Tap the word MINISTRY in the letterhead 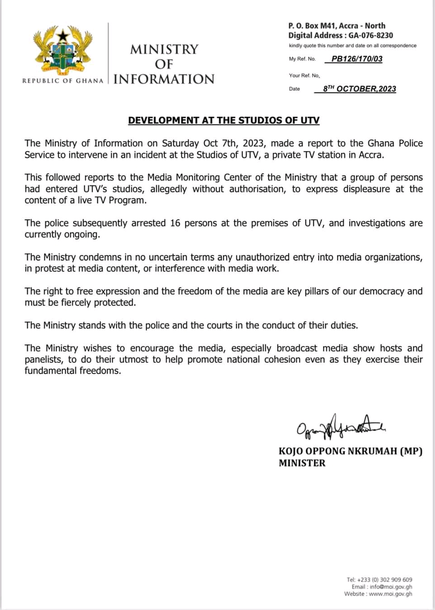coord(164,49)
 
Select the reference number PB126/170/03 coord(357,59)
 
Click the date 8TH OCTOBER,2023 coord(359,89)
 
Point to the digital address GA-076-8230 coord(371,35)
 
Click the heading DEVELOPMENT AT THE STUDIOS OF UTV coord(224,120)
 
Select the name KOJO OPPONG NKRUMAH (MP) coord(350,451)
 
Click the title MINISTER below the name coord(302,463)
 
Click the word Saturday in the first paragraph coord(180,143)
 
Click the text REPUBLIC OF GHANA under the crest coord(63,80)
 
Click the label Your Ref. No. coord(304,75)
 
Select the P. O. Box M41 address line coord(336,26)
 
